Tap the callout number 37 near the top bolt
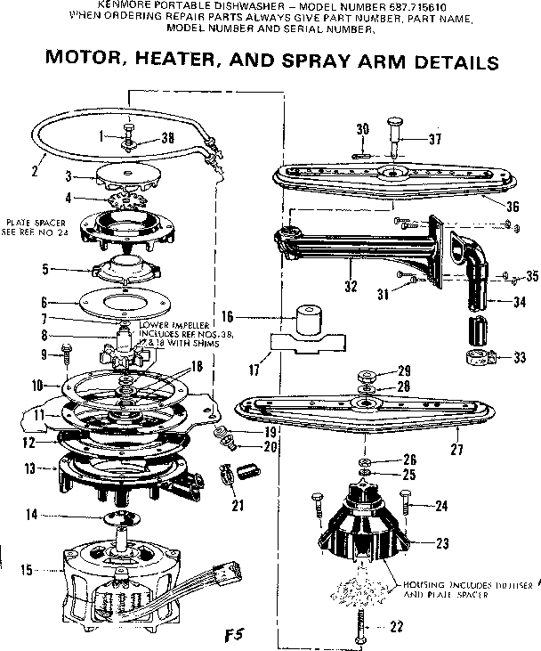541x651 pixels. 434,138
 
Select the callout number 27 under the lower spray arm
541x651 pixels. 456,450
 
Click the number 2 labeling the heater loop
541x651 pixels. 33,171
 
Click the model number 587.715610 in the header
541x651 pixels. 414,5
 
